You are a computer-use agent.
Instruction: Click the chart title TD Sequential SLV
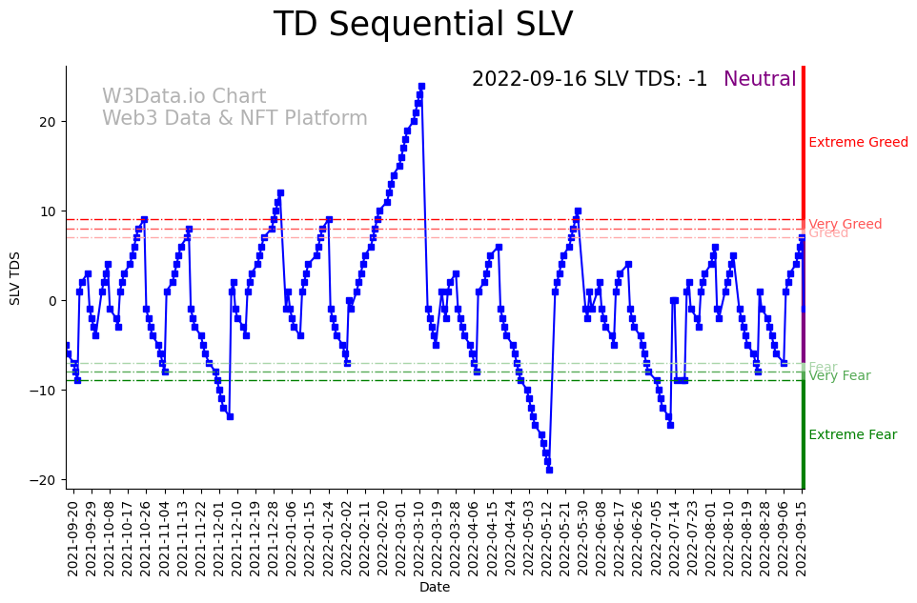click(423, 25)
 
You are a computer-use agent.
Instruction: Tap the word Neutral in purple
click(760, 79)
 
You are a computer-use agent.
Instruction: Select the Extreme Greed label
click(858, 143)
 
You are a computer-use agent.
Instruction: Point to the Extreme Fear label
click(852, 435)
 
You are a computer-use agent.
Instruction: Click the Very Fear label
click(839, 376)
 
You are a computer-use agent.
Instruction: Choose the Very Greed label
click(845, 224)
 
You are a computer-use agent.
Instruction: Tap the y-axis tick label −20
click(46, 480)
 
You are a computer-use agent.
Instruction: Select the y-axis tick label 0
click(53, 301)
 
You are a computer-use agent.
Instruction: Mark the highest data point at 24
click(421, 86)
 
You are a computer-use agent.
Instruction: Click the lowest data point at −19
click(549, 470)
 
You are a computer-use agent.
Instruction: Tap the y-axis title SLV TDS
click(15, 278)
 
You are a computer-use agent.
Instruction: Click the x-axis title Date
click(435, 588)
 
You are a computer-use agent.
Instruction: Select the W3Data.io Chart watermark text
click(184, 96)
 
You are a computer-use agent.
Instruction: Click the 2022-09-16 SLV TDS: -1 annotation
click(589, 79)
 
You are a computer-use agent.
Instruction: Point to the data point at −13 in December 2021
click(230, 416)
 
